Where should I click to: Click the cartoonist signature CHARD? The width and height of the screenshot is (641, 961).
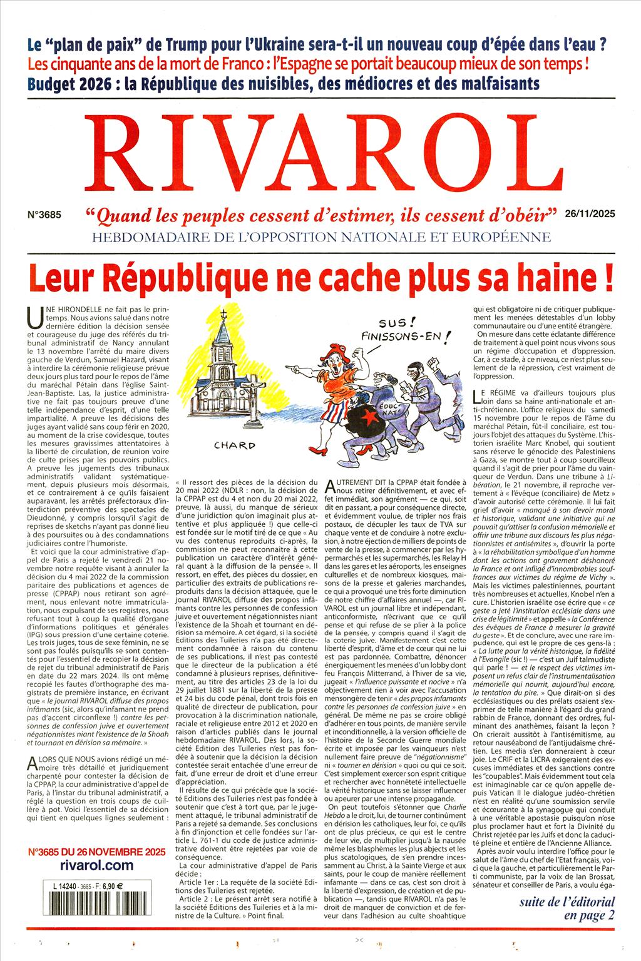(x=234, y=445)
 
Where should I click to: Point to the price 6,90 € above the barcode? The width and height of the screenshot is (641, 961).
(x=113, y=885)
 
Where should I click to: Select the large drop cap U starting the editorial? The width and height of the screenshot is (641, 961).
(x=36, y=321)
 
